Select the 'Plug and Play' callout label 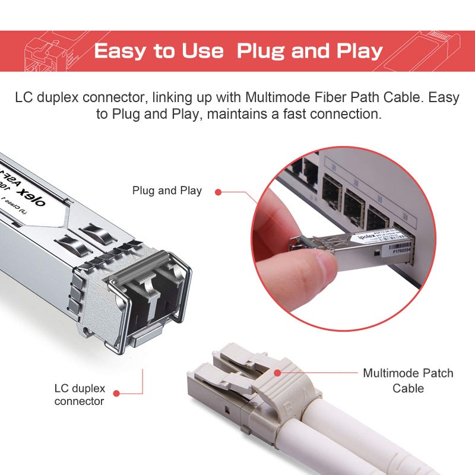click(x=167, y=191)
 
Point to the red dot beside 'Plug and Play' click(x=218, y=192)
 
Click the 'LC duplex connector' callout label click(x=80, y=395)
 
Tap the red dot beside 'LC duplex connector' click(x=117, y=392)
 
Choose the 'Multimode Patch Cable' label click(x=408, y=381)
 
